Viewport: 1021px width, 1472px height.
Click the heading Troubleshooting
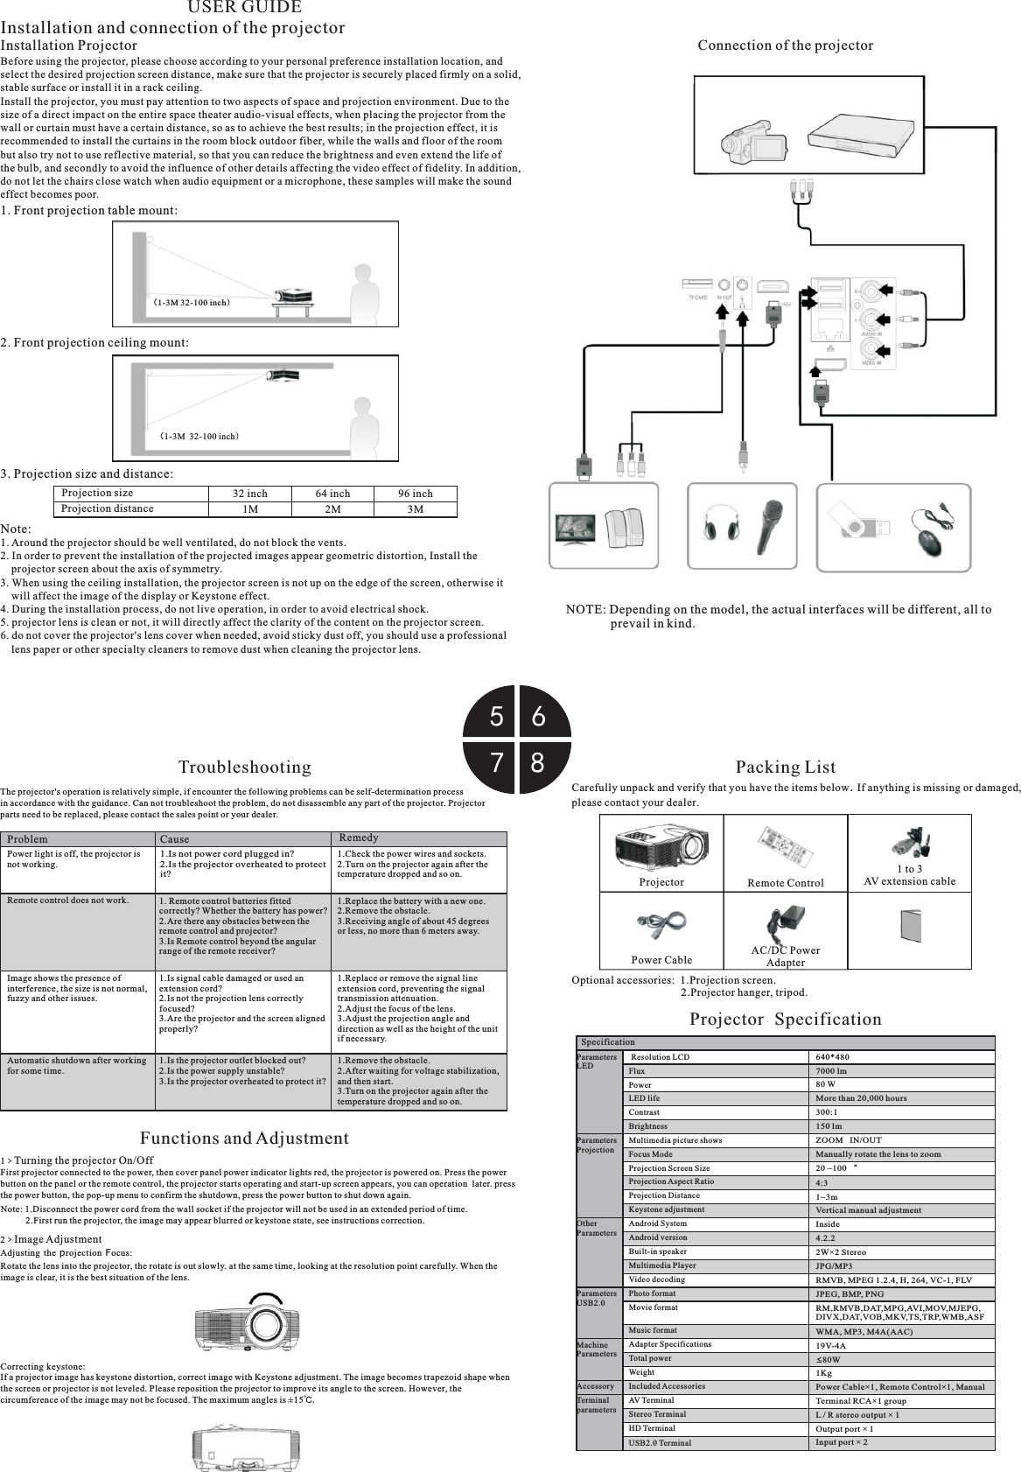tap(244, 768)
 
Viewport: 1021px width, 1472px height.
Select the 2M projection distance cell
tap(332, 508)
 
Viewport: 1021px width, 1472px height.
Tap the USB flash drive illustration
tap(863, 522)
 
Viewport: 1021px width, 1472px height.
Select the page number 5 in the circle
tap(496, 718)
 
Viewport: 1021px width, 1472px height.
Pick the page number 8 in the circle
tap(537, 762)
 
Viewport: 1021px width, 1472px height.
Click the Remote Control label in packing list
tap(785, 883)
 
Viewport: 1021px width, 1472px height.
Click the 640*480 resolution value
tap(832, 1056)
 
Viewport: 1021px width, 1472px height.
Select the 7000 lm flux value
tap(830, 1070)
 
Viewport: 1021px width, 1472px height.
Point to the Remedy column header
tap(358, 838)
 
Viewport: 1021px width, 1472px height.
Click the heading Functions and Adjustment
tap(244, 1139)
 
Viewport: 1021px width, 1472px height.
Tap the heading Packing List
tap(786, 768)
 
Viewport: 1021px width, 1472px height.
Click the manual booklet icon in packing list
tap(909, 926)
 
